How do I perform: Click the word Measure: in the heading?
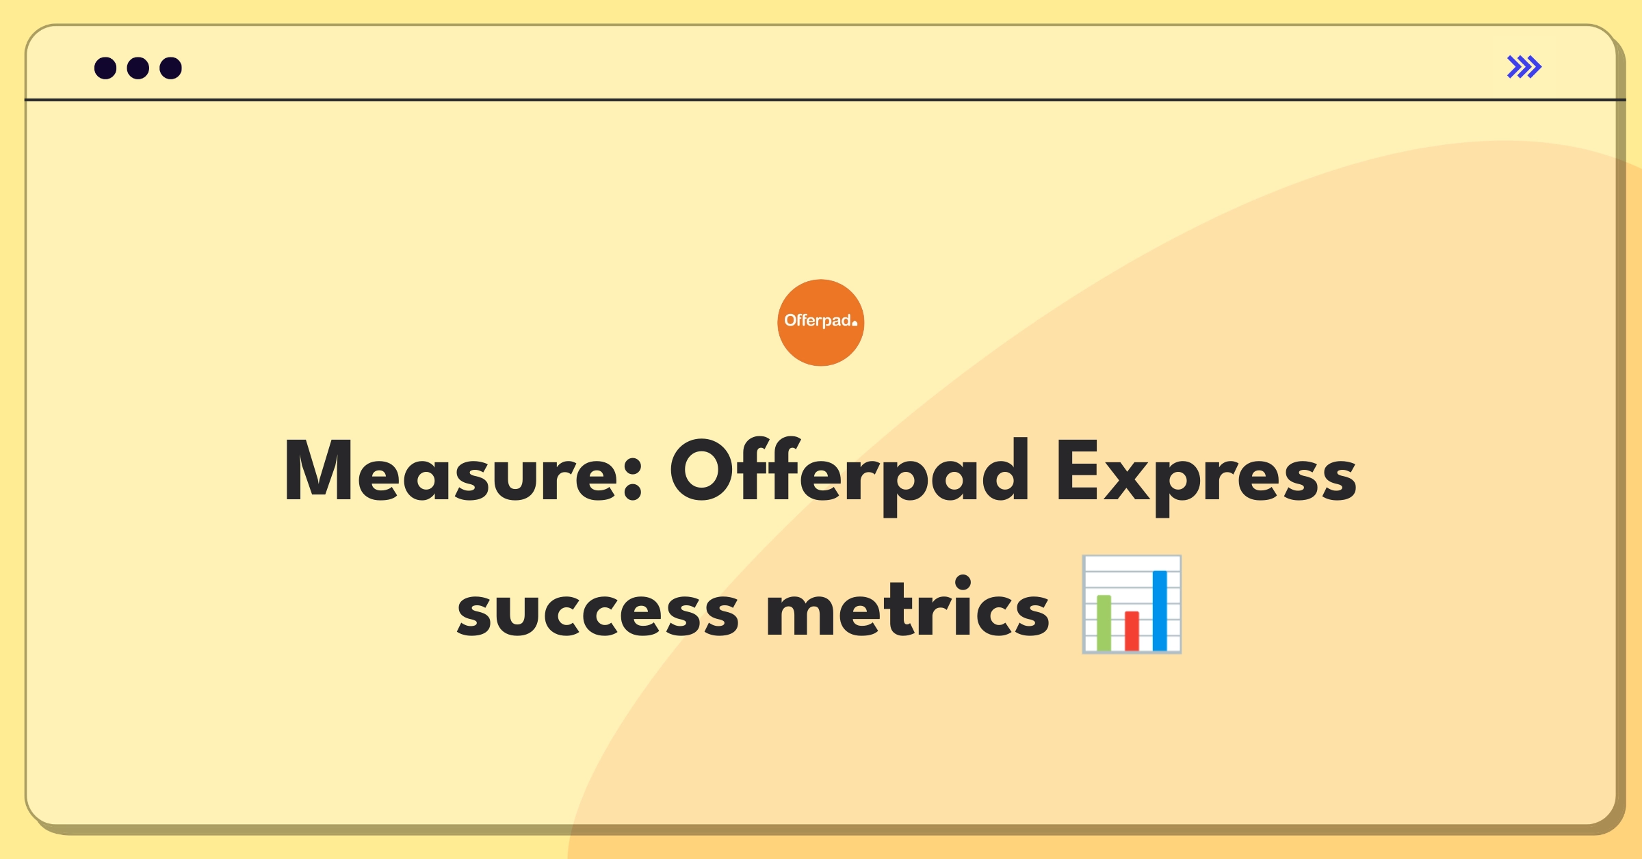[463, 471]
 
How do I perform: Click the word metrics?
[908, 606]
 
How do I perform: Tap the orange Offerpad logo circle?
[821, 323]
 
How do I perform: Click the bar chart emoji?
[1132, 605]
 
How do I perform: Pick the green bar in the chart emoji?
[1104, 623]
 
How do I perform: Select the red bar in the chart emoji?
[1132, 631]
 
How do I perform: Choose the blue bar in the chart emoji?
[1160, 611]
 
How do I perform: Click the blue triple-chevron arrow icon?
[1524, 67]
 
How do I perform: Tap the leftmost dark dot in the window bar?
[105, 68]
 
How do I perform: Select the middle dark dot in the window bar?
[138, 68]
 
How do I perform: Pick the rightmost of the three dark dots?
[171, 68]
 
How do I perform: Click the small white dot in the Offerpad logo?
[855, 323]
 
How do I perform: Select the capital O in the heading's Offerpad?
[703, 471]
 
